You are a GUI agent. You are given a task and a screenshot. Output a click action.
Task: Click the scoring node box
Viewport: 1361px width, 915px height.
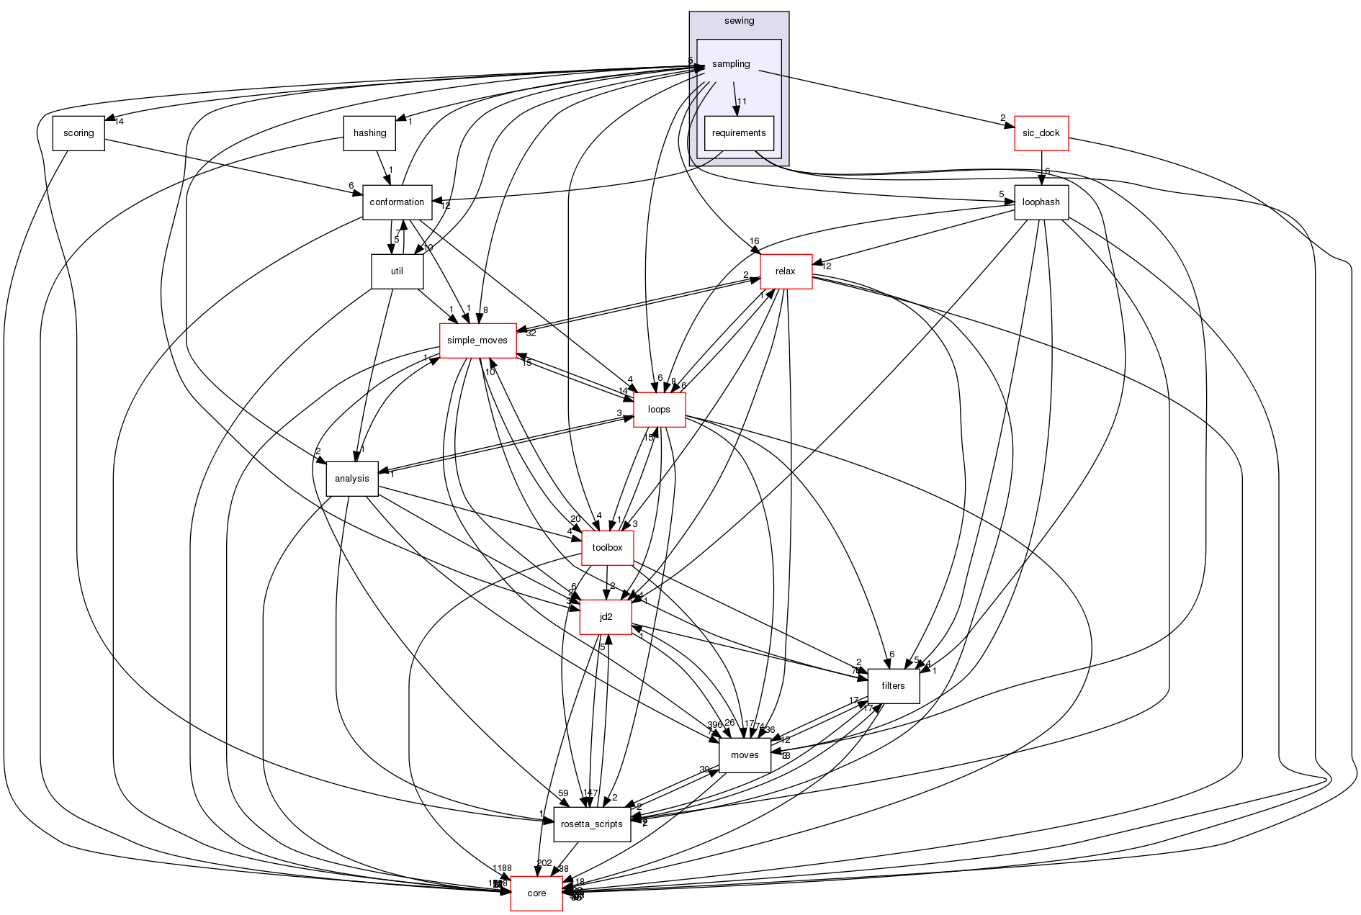coord(78,133)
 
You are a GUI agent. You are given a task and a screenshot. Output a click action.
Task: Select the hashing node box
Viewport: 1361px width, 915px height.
coord(370,133)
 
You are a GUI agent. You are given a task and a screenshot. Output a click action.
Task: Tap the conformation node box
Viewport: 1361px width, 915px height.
coord(397,202)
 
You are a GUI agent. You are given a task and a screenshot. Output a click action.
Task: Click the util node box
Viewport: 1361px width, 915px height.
coord(397,271)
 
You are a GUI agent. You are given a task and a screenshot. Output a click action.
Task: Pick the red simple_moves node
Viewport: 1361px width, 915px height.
coord(477,341)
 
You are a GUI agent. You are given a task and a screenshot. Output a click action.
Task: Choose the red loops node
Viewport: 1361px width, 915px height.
coord(659,410)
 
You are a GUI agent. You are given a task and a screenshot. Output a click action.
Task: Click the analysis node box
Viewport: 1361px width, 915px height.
coord(352,479)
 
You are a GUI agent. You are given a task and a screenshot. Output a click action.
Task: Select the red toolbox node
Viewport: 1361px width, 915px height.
coord(607,548)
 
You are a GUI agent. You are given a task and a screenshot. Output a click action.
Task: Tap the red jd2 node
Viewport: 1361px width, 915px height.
coord(606,617)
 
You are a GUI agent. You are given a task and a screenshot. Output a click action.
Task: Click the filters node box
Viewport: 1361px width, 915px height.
coord(893,686)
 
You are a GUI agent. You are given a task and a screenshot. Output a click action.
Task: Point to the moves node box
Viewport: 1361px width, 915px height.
coord(745,755)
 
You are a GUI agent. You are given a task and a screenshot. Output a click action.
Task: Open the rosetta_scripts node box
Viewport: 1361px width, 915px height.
coord(592,824)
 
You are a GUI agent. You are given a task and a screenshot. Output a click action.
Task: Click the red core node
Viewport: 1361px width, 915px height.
coord(536,893)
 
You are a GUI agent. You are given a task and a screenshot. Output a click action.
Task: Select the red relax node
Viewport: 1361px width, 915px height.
coord(786,271)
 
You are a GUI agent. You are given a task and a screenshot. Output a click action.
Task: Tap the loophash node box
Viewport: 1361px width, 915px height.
coord(1041,202)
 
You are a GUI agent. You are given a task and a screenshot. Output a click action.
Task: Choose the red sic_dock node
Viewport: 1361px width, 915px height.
coord(1041,133)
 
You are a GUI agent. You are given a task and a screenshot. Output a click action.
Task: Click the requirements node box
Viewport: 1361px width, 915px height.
coord(739,133)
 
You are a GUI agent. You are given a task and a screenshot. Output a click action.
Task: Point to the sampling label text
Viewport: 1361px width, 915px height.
coord(731,64)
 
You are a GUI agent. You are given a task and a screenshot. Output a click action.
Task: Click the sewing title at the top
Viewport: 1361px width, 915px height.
coord(739,21)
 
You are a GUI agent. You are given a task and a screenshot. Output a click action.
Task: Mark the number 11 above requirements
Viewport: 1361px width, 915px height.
coord(742,102)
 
